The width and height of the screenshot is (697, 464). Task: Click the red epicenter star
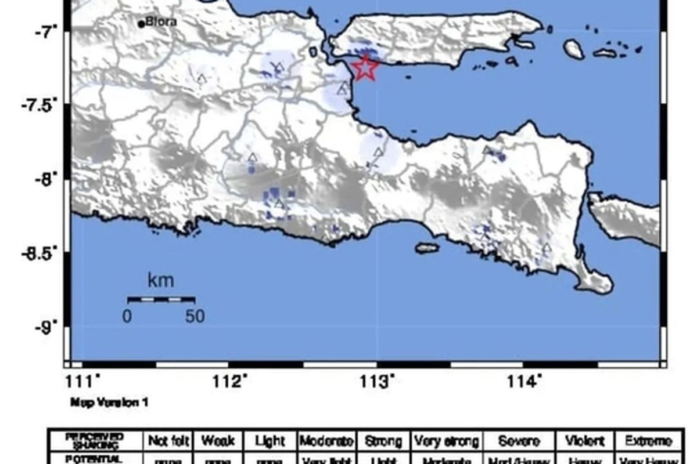tap(365, 68)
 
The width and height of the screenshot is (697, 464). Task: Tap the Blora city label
tap(161, 23)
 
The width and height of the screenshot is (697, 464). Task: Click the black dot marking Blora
tap(141, 24)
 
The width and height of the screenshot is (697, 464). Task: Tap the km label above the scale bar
tap(160, 281)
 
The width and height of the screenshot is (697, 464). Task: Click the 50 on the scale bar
tap(195, 317)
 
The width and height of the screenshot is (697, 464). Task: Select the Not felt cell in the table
tap(170, 441)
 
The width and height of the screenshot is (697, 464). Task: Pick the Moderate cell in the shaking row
tap(326, 441)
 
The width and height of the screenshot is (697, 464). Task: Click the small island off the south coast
tap(427, 248)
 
